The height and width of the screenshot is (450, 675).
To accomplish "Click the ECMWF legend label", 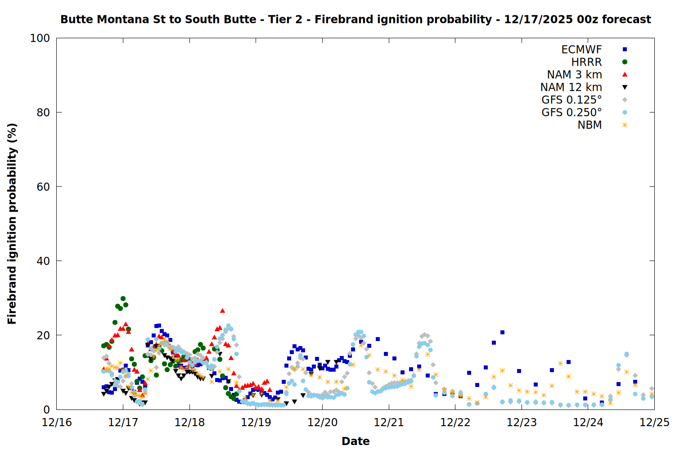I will (x=581, y=49).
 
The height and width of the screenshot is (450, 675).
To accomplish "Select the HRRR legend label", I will (x=586, y=62).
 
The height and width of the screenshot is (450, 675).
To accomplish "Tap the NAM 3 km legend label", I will (x=574, y=75).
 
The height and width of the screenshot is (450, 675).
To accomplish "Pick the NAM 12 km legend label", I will (x=571, y=87).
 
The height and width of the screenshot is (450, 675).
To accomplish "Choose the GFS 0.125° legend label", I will (x=571, y=100).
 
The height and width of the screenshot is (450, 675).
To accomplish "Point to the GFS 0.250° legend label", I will (x=571, y=112).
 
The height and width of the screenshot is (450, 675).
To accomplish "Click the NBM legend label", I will (x=589, y=125).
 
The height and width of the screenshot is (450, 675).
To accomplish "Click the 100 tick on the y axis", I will (x=40, y=38).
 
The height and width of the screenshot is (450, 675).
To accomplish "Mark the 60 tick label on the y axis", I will (x=43, y=187).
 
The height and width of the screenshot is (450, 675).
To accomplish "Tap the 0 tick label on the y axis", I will (x=46, y=409).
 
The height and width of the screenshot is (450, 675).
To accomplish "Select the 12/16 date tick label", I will (x=57, y=423).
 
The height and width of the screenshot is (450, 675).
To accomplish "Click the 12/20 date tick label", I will (x=322, y=423).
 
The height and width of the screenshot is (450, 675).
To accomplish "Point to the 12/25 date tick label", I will (x=654, y=423).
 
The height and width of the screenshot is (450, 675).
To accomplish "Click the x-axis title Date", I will (x=355, y=441).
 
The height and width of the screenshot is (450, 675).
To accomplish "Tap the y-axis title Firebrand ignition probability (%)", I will (x=12, y=224).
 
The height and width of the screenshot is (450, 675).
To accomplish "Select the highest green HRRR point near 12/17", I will (x=123, y=298).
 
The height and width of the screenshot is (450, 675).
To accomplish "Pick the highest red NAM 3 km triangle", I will (x=222, y=310).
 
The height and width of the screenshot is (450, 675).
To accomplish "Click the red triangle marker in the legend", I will (x=625, y=75).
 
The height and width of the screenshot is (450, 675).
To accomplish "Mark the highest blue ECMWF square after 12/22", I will (x=502, y=333).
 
